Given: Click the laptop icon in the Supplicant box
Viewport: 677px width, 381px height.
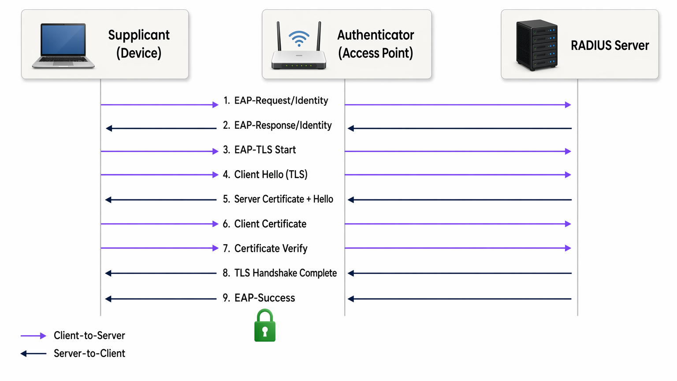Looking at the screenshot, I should [x=63, y=46].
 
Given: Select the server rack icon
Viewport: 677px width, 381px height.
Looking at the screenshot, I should [x=537, y=45].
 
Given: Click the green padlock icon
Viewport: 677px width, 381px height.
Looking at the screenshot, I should [x=265, y=326].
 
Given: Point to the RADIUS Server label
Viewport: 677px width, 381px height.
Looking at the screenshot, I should [x=610, y=45].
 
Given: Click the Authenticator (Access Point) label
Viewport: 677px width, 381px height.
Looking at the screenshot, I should [x=376, y=44].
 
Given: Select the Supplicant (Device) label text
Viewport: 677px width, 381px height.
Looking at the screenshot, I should [x=139, y=44].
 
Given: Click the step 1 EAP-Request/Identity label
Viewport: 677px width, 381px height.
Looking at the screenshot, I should [x=276, y=101].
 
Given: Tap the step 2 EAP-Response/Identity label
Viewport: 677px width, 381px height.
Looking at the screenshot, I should [x=277, y=125].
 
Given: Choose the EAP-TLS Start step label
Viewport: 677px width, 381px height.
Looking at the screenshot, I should [x=260, y=150].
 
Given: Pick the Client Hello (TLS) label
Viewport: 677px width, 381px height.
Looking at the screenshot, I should [x=265, y=175].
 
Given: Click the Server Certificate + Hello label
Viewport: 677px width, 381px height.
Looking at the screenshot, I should [x=278, y=199].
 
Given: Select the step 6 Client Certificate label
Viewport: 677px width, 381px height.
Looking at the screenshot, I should [x=265, y=224].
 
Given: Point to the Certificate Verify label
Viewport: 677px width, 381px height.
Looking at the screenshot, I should [x=265, y=249].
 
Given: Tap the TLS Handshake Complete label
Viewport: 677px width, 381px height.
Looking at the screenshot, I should [x=280, y=273].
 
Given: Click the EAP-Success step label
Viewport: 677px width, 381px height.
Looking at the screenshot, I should [x=259, y=298].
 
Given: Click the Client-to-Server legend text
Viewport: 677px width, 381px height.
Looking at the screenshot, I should [x=89, y=336].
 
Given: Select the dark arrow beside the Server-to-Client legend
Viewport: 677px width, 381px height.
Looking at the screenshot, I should [x=33, y=354].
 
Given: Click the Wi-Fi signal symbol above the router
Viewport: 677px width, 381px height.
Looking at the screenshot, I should [x=299, y=38].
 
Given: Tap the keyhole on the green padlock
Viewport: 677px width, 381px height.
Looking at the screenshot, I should [x=265, y=331].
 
